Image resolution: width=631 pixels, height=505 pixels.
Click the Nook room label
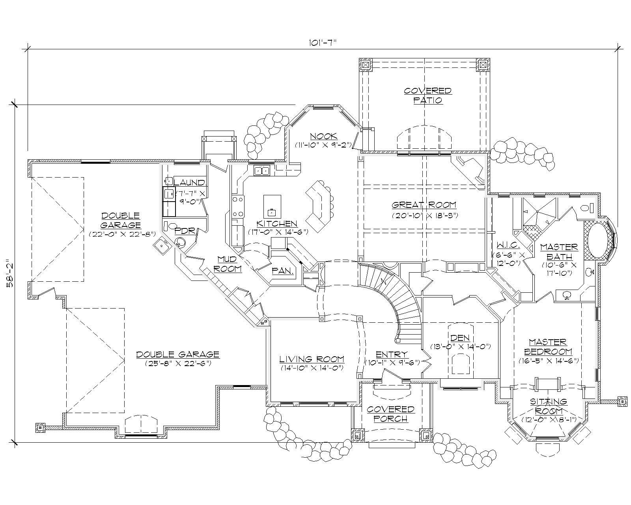pyautogui.click(x=323, y=137)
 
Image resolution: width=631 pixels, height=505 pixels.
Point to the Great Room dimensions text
pyautogui.click(x=424, y=215)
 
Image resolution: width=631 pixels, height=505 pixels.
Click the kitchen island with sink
pyautogui.click(x=272, y=206)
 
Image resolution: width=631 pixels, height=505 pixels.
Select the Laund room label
pyautogui.click(x=190, y=183)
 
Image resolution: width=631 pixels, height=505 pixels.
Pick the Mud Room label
pyautogui.click(x=229, y=264)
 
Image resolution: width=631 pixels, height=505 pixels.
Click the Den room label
pyautogui.click(x=460, y=338)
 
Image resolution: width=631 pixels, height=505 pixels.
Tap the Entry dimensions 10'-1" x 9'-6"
pyautogui.click(x=392, y=362)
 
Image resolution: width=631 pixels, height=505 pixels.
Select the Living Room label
pyautogui.click(x=312, y=359)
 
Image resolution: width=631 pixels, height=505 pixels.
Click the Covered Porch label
pyautogui.click(x=390, y=414)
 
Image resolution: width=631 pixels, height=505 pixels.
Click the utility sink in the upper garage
pyautogui.click(x=162, y=246)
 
